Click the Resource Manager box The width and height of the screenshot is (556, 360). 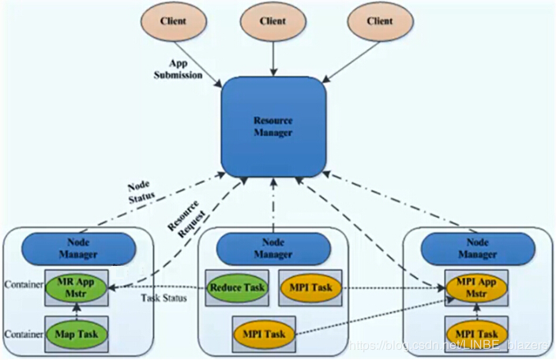tap(272, 127)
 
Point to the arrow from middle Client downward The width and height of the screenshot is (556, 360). tap(272, 60)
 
